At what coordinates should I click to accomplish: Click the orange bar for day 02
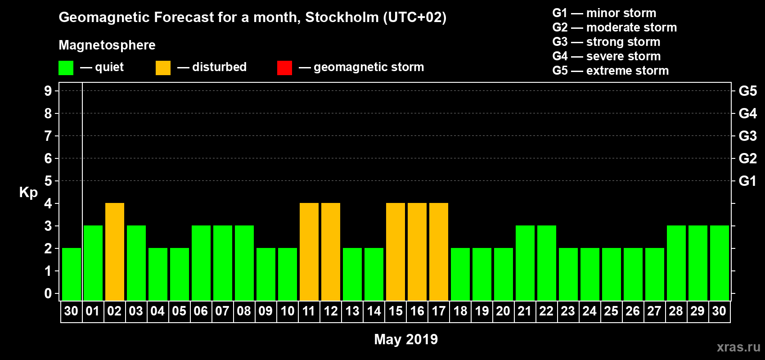[x=115, y=252]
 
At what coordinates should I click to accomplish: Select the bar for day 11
[x=309, y=252]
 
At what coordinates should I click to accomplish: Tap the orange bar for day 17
[x=439, y=252]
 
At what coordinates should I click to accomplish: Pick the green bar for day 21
[x=525, y=263]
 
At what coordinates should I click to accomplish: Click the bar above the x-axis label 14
[x=374, y=274]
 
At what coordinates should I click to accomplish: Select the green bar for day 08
[x=244, y=263]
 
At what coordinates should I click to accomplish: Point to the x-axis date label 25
[x=611, y=311]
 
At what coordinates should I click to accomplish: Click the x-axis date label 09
[x=265, y=311]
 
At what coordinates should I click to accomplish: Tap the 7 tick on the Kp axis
[x=48, y=136]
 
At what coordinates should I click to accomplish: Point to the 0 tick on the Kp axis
[x=48, y=293]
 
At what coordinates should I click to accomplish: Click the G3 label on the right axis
[x=747, y=136]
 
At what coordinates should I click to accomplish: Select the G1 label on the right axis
[x=747, y=181]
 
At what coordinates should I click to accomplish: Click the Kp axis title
[x=28, y=192]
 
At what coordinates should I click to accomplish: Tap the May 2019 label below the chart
[x=406, y=339]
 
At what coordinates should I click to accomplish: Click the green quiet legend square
[x=66, y=68]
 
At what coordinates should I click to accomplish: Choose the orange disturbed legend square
[x=163, y=68]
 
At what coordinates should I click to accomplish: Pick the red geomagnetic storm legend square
[x=284, y=68]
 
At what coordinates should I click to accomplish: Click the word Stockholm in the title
[x=342, y=17]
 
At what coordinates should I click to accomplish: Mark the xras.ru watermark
[x=738, y=346]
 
